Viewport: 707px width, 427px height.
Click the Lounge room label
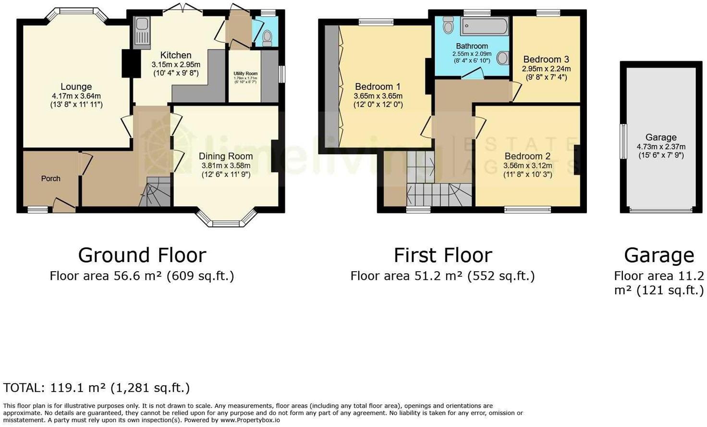point(76,87)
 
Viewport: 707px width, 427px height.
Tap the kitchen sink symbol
point(143,31)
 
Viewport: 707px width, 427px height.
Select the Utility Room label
point(245,74)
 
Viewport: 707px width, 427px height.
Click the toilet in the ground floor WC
point(268,37)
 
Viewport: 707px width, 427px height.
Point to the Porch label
point(50,178)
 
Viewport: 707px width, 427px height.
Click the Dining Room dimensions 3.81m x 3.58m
point(226,165)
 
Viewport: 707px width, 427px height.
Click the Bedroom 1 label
point(378,87)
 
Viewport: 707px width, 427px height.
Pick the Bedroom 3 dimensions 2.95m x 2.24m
point(546,69)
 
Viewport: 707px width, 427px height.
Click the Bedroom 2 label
point(527,156)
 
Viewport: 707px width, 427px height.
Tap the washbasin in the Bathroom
point(503,58)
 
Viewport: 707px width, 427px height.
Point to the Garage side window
point(623,141)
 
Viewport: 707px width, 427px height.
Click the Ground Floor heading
point(142,255)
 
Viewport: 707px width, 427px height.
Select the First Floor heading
point(443,255)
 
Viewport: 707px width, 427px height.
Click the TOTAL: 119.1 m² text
point(96,388)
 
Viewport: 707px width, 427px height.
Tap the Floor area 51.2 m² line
point(442,276)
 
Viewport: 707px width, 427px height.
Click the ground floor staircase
point(156,192)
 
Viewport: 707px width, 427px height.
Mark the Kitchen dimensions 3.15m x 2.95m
point(176,64)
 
